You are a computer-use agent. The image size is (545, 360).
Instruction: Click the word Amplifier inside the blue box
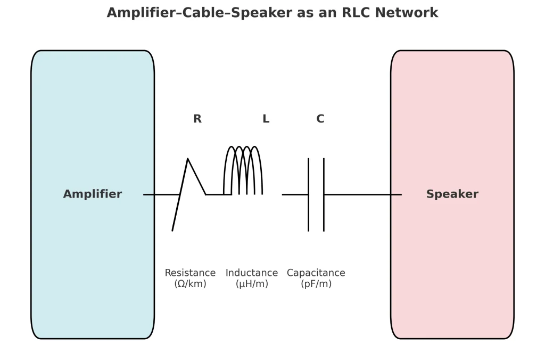coord(93,194)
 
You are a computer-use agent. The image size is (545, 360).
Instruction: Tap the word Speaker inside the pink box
coord(452,194)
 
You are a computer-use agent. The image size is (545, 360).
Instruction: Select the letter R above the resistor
coord(197,119)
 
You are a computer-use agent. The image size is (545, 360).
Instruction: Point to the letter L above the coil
coord(266,119)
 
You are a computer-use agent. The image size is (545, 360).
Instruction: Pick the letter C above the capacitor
coord(320,119)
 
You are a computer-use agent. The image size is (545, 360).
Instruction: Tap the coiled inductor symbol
coord(243,170)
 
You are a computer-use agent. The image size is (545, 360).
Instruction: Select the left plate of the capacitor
coord(308,194)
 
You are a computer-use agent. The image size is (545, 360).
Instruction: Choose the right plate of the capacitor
coord(324,194)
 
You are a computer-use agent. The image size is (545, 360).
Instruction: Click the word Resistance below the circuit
coord(190,273)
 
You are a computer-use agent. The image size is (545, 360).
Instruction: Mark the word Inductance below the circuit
coord(252,273)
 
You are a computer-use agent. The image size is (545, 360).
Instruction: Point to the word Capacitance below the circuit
coord(316,273)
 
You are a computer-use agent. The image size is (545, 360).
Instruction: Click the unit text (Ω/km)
coord(190,284)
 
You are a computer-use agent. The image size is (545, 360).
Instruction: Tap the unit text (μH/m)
coord(252,284)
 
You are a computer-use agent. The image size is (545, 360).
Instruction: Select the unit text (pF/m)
coord(316,284)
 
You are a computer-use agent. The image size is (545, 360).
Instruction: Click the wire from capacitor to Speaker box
coord(362,194)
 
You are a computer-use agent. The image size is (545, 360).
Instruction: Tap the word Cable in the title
coord(201,13)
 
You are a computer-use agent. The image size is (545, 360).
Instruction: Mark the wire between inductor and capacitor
coord(295,194)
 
